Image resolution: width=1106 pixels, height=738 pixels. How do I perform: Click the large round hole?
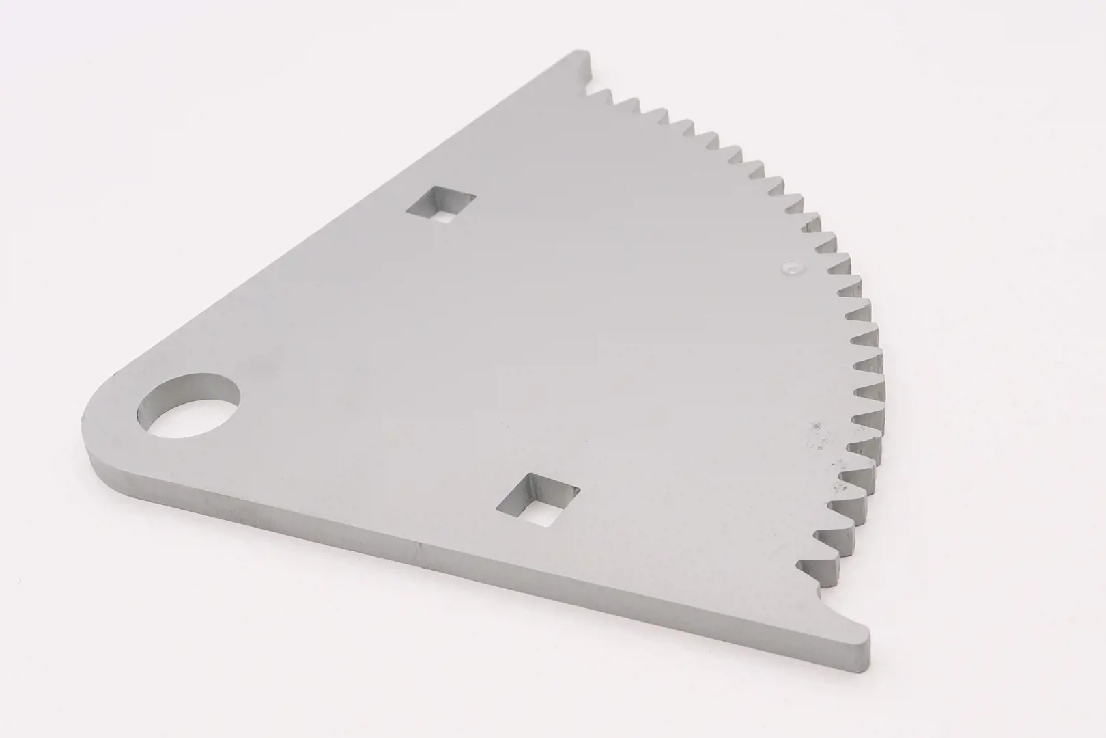pyautogui.click(x=189, y=406)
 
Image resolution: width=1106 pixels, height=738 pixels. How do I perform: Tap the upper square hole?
pyautogui.click(x=441, y=204)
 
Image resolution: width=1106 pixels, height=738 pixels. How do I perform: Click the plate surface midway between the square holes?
pyautogui.click(x=488, y=352)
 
